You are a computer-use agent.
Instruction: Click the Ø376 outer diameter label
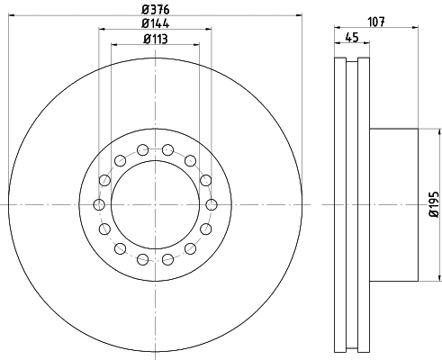(155, 10)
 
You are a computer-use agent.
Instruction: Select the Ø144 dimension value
(155, 24)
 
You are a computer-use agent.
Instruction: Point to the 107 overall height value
(375, 24)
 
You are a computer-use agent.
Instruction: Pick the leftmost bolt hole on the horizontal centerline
(99, 205)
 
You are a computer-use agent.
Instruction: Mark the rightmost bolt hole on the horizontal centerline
(212, 205)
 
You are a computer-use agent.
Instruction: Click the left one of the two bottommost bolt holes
(142, 260)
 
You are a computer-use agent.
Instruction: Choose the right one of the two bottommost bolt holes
(168, 260)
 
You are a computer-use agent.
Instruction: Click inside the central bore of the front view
(155, 205)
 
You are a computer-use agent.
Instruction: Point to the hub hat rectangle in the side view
(392, 205)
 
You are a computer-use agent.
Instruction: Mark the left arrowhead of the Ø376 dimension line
(10, 19)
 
